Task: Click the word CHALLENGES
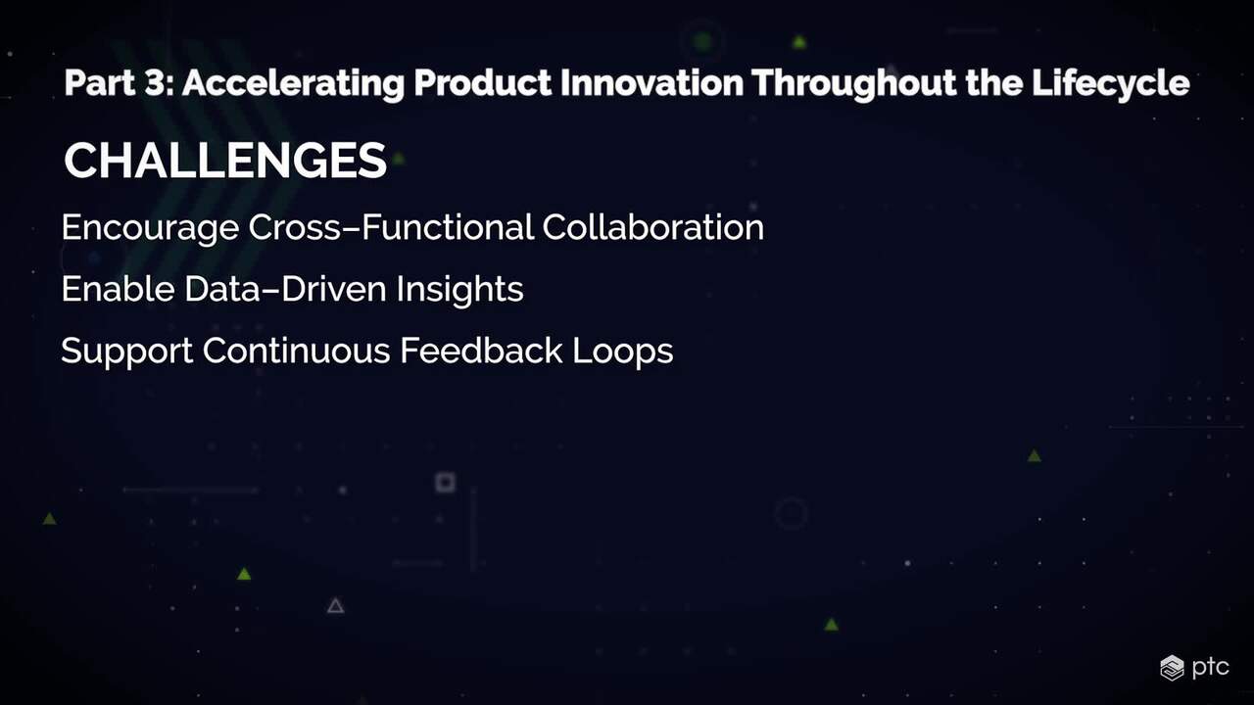pos(225,161)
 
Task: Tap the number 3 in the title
pos(156,82)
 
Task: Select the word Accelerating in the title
pos(293,84)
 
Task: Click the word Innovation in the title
pos(651,82)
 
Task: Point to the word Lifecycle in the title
pos(1111,84)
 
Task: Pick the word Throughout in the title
pos(854,84)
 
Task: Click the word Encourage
pos(150,229)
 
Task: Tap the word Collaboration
pos(652,227)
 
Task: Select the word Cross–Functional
pos(391,227)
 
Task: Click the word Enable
pos(118,289)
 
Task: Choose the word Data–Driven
pos(285,289)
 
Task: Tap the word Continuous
pos(296,351)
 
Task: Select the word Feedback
pos(481,351)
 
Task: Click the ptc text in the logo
pos(1210,668)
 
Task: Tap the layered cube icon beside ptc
pos(1172,668)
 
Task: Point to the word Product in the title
pos(483,82)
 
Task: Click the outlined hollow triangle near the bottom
pos(335,606)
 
